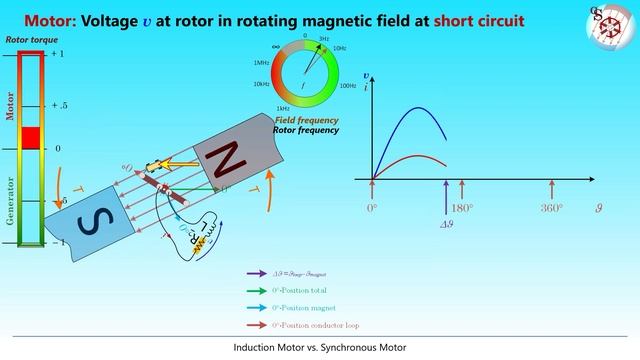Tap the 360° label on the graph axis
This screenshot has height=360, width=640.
point(551,209)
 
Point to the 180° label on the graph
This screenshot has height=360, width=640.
point(461,209)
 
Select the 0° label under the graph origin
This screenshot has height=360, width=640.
point(372,209)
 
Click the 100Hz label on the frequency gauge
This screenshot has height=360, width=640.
point(349,86)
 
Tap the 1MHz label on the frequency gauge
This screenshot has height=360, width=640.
point(261,63)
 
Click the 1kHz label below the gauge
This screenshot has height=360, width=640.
point(284,107)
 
